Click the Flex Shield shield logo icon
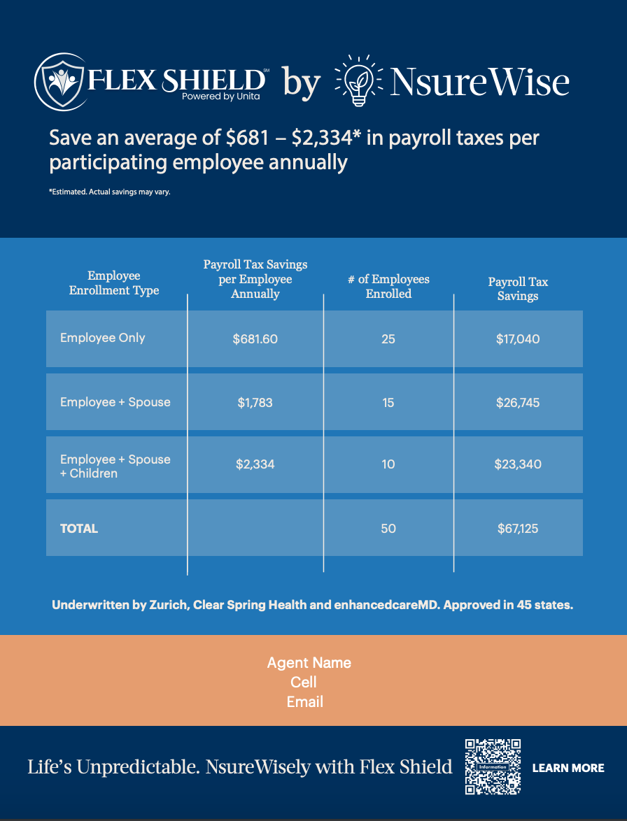point(61,82)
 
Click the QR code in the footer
point(493,767)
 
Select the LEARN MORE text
point(568,768)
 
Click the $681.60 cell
point(255,339)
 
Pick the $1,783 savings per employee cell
point(255,402)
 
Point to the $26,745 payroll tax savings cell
point(518,402)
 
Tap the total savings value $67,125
point(518,528)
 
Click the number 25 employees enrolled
point(388,339)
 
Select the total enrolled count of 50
point(388,528)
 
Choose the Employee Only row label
point(103,338)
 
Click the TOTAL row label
point(79,528)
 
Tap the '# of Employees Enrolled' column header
point(388,286)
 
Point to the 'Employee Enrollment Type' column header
point(114,283)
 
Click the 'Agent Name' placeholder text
point(309,662)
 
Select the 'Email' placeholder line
point(305,701)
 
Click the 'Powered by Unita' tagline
point(220,97)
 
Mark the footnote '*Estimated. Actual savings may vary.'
point(110,192)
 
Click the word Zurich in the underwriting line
point(167,605)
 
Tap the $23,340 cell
point(518,464)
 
